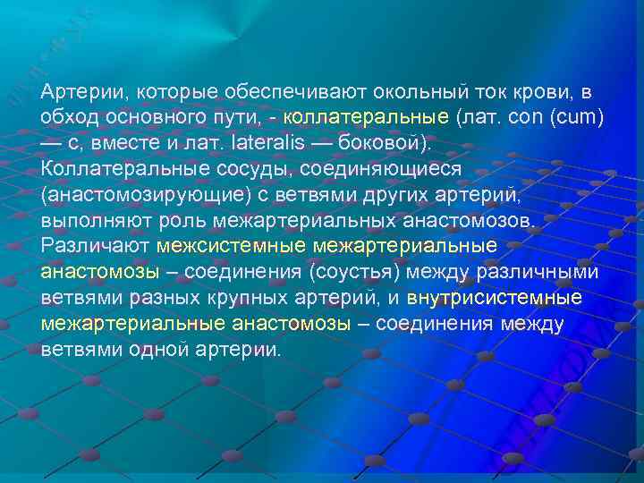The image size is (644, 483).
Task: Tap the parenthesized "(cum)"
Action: pyautogui.click(x=573, y=118)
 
